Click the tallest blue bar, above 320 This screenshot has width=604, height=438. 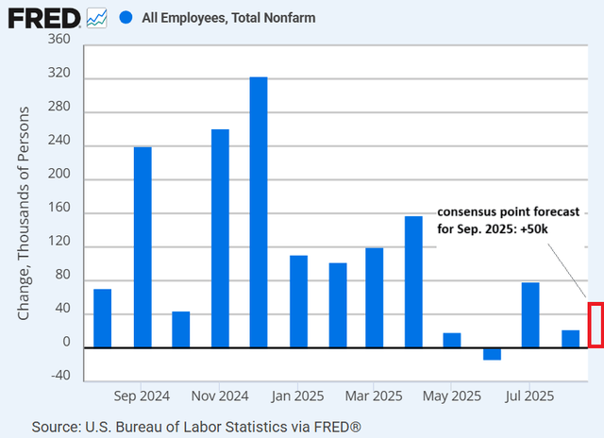pos(259,212)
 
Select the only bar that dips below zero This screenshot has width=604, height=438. pos(492,354)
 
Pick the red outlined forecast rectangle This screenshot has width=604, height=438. pos(595,324)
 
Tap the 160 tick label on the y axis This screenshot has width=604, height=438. pos(59,214)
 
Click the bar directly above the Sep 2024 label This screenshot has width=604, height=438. pos(143,247)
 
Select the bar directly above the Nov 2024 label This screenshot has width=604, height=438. pos(220,238)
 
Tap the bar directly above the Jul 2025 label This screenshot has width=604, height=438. pos(530,315)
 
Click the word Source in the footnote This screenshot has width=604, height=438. pos(55,427)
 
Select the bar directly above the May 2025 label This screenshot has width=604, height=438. pos(452,340)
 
